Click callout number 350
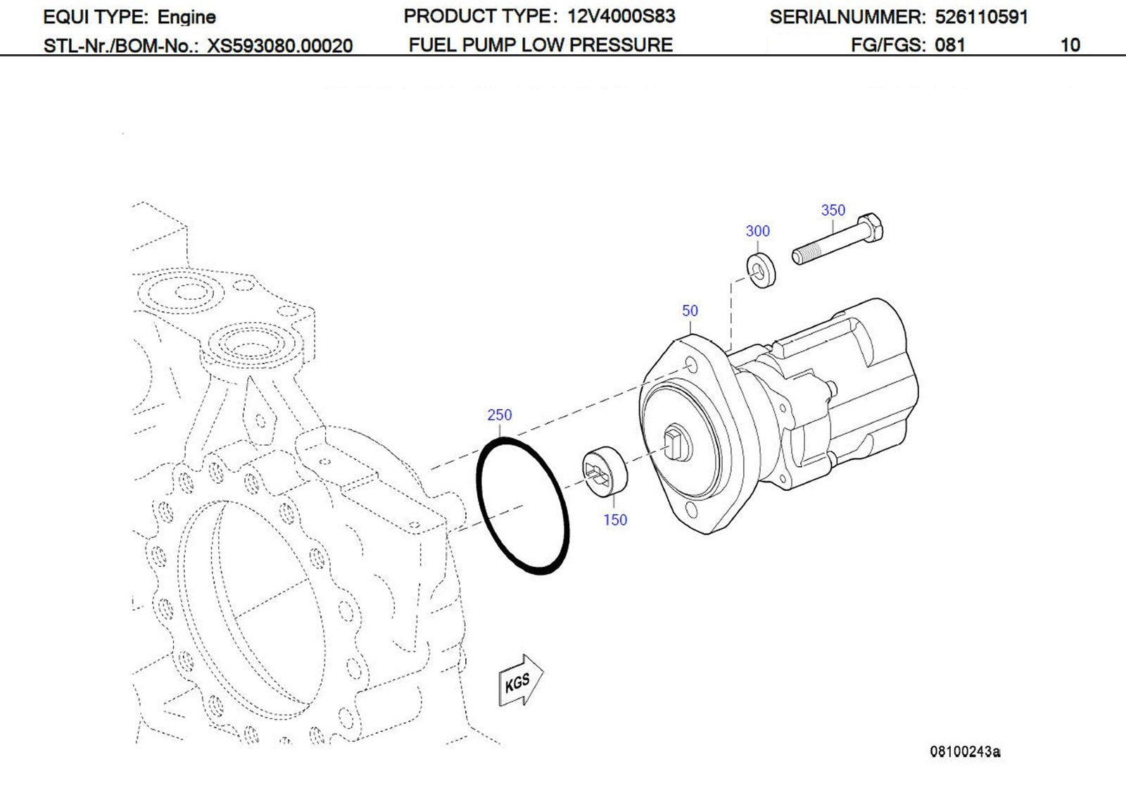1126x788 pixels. (833, 210)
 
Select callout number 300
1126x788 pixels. (757, 231)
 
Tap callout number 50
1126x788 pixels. (690, 311)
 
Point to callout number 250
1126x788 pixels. (499, 415)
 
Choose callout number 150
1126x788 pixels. (614, 520)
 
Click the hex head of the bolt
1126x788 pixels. (873, 229)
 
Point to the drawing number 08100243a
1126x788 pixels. (965, 751)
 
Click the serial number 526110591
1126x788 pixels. (981, 17)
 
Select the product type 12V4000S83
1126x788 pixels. (621, 16)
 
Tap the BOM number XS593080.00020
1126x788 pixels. (279, 46)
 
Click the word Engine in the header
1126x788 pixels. (186, 17)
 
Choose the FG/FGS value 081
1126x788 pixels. (949, 45)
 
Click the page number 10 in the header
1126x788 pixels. (1070, 45)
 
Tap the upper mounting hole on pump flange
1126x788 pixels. (692, 366)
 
